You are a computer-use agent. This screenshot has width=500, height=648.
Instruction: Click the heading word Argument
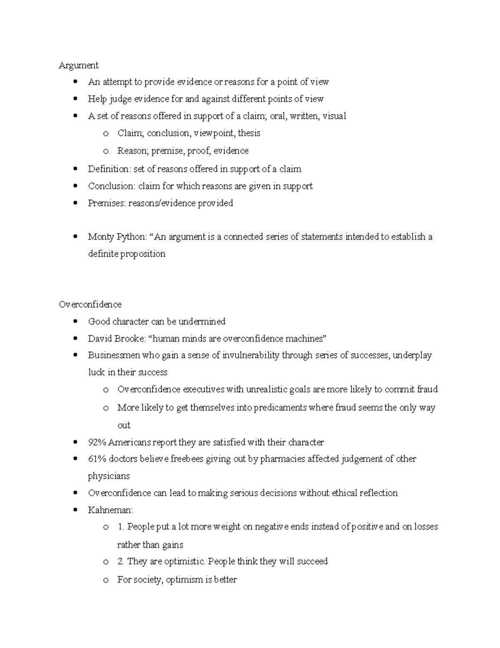point(78,65)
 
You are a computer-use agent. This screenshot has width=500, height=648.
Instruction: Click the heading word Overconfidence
point(90,305)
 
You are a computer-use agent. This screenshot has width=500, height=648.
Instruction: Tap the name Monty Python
point(117,237)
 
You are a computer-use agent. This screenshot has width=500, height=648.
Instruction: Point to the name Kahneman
point(110,510)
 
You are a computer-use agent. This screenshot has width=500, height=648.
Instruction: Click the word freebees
point(187,459)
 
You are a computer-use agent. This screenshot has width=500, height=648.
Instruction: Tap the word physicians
point(109,476)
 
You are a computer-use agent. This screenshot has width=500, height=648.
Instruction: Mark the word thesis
point(249,133)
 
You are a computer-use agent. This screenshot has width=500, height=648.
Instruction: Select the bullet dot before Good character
point(75,321)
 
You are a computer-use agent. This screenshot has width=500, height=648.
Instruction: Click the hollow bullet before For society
point(106,580)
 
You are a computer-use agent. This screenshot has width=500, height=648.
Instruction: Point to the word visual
point(334,116)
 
